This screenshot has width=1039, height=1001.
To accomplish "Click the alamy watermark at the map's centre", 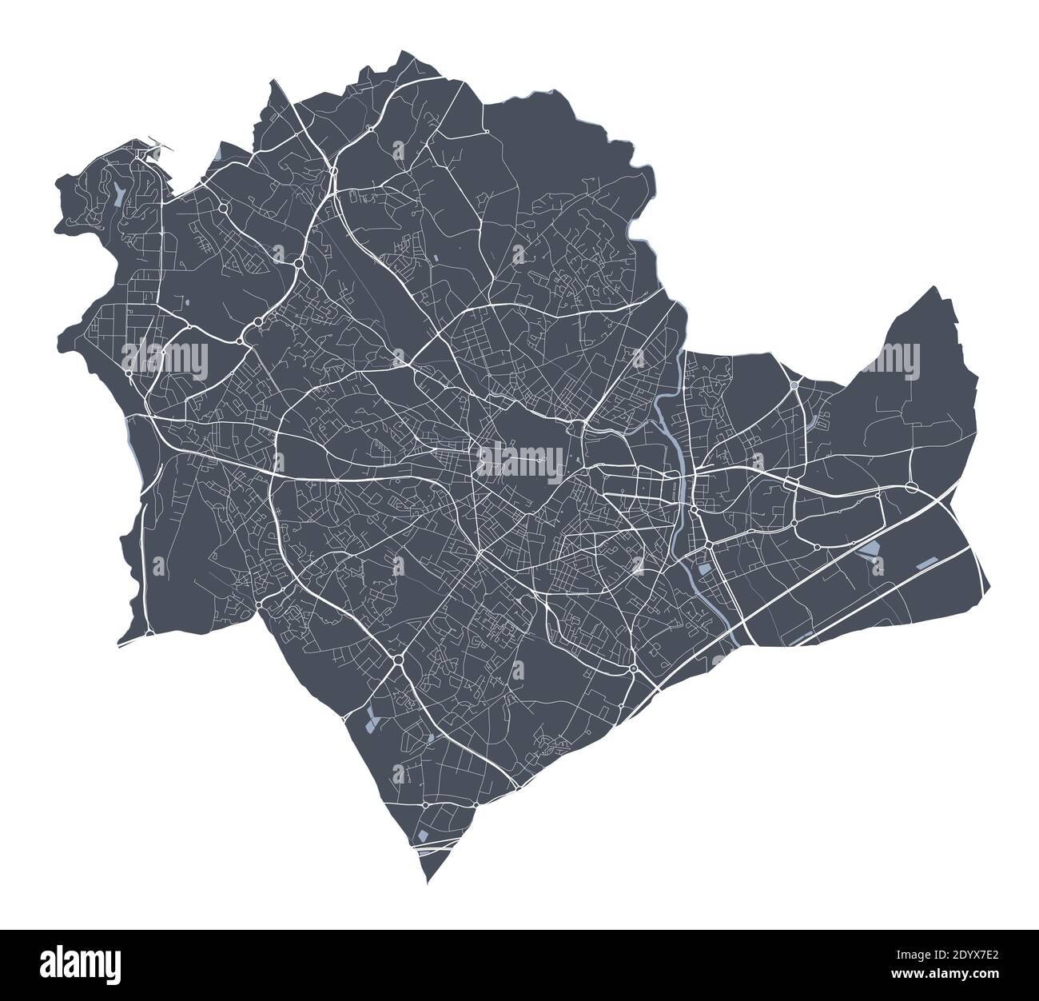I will pos(519,461).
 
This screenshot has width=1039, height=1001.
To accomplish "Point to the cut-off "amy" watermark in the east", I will pos(892,357).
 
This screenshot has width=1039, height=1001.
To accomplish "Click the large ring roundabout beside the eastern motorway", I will pos(911,486).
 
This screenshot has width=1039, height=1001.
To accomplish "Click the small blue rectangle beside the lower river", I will pos(703,568).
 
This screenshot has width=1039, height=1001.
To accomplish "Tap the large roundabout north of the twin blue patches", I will pos(396,660).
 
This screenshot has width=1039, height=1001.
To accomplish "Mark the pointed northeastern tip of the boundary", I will pos(932,286).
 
